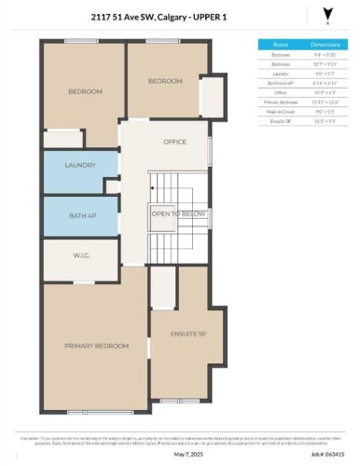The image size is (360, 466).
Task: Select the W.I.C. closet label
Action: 80,256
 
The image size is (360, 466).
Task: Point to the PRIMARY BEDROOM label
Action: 96,346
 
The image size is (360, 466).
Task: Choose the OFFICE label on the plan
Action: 174,143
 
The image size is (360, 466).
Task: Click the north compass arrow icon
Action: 325,14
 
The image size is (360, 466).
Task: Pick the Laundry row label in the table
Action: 279,74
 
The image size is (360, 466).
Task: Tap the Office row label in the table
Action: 279,92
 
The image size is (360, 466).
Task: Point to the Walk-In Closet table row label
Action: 279,111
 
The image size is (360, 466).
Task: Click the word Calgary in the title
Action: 184,18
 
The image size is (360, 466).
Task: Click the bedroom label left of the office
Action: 84,91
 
